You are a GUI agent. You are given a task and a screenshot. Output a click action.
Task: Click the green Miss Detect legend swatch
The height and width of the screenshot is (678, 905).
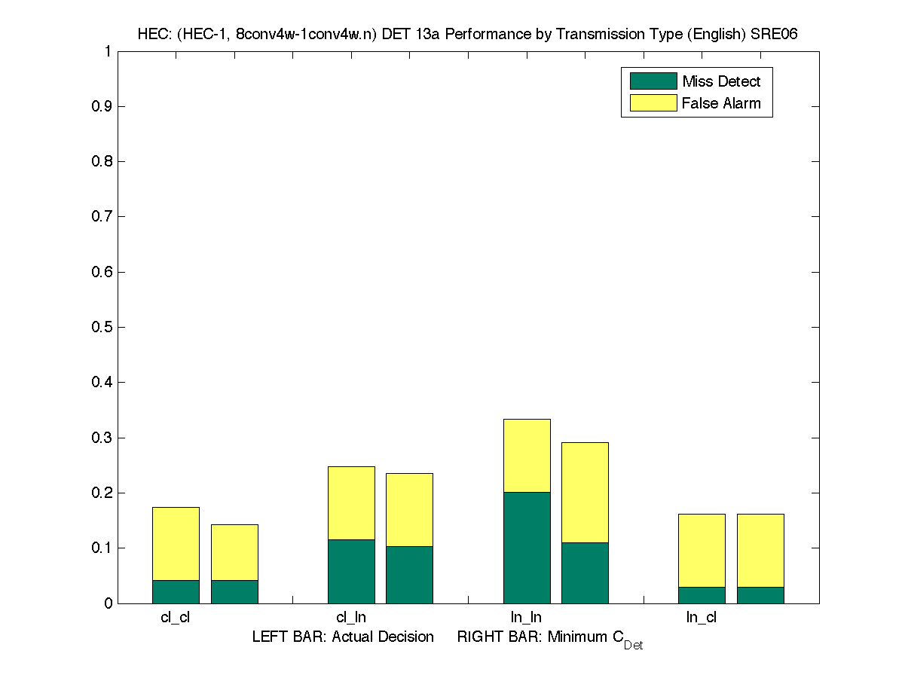coord(653,81)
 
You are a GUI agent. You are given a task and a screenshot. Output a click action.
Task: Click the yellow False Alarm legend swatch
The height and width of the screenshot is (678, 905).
coord(653,103)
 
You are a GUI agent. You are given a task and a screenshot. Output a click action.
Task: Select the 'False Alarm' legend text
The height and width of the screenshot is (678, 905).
coord(721,103)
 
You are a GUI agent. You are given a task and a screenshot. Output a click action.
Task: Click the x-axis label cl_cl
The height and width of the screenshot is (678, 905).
coord(176,618)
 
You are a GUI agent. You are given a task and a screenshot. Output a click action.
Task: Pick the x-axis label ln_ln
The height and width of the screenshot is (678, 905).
coord(526,618)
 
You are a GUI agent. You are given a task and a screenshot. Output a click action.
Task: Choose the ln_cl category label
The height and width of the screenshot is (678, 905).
coord(701,618)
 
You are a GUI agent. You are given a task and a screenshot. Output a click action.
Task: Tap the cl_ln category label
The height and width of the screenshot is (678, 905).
coord(351,618)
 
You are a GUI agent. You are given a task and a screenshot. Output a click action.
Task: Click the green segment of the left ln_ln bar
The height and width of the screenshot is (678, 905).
coord(527,548)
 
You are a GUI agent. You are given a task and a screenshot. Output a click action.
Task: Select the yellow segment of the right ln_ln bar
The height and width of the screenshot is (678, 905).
coord(585,492)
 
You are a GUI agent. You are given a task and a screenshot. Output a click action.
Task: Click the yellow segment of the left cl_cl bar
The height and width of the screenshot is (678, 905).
coord(176,543)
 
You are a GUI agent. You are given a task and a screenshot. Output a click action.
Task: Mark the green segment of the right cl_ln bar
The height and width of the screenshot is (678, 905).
coord(409,575)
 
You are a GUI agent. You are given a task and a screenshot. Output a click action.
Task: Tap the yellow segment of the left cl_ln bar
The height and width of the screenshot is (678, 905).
coord(351,502)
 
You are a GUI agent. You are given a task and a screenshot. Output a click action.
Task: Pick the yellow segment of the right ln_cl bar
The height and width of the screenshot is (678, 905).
coord(760,550)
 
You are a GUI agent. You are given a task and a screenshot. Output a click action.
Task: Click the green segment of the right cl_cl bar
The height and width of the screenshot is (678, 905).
coord(234,591)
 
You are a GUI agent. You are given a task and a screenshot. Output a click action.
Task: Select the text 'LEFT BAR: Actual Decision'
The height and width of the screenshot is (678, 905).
coord(343,637)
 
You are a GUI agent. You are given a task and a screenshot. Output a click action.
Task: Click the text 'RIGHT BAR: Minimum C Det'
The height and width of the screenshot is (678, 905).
coord(549,639)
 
